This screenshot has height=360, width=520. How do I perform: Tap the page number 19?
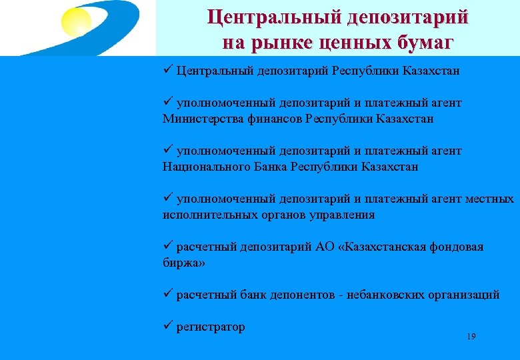click(471, 337)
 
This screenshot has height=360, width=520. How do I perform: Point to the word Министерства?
click(199, 119)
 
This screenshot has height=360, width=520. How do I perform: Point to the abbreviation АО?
click(325, 247)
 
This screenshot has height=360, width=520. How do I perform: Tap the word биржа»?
click(184, 263)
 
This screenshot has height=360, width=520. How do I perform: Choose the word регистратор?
click(211, 327)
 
